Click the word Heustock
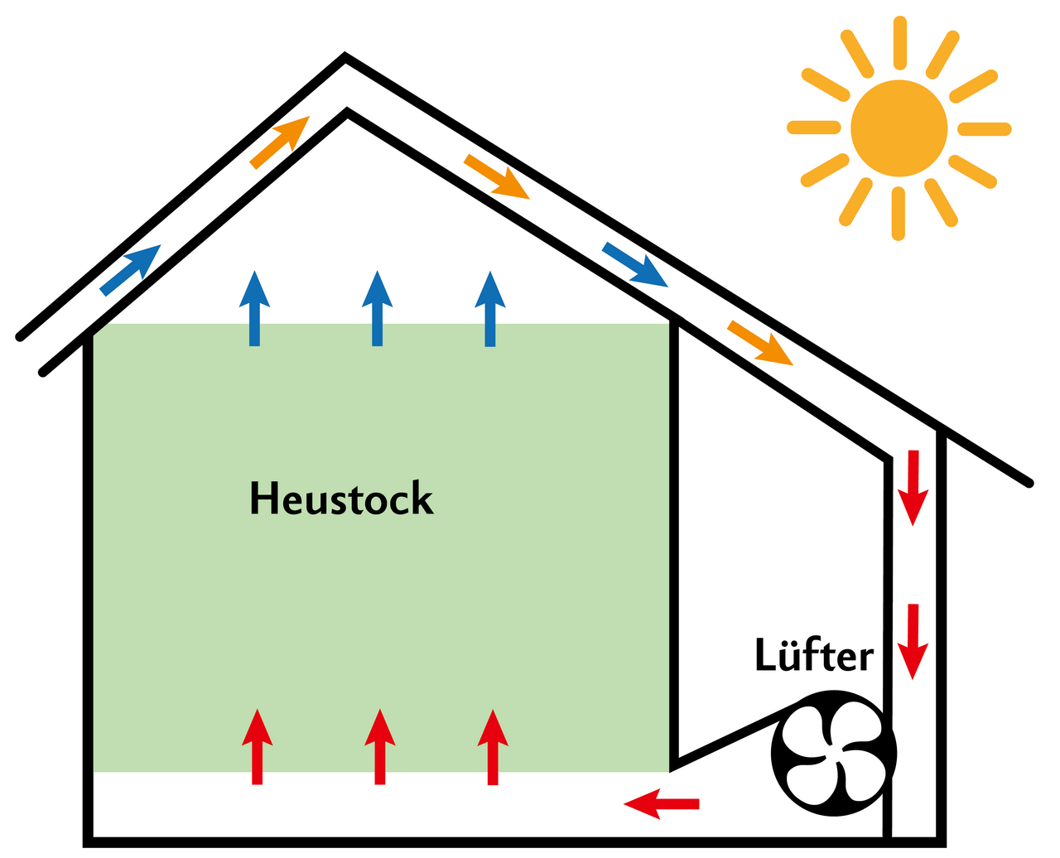click(341, 499)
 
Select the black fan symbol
click(833, 753)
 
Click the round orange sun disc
click(899, 128)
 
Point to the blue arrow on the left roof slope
click(131, 269)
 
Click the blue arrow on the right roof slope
click(635, 265)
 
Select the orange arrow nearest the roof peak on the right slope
click(497, 176)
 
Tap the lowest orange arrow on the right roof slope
click(760, 342)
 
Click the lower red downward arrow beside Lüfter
click(913, 641)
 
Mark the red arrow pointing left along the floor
click(662, 803)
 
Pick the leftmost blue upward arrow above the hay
click(255, 308)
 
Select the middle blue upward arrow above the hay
click(377, 308)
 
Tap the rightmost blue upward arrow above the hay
click(490, 308)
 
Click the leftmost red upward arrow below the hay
click(257, 746)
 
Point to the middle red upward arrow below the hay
click(379, 746)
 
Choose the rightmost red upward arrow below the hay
click(493, 746)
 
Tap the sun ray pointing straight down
click(899, 214)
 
